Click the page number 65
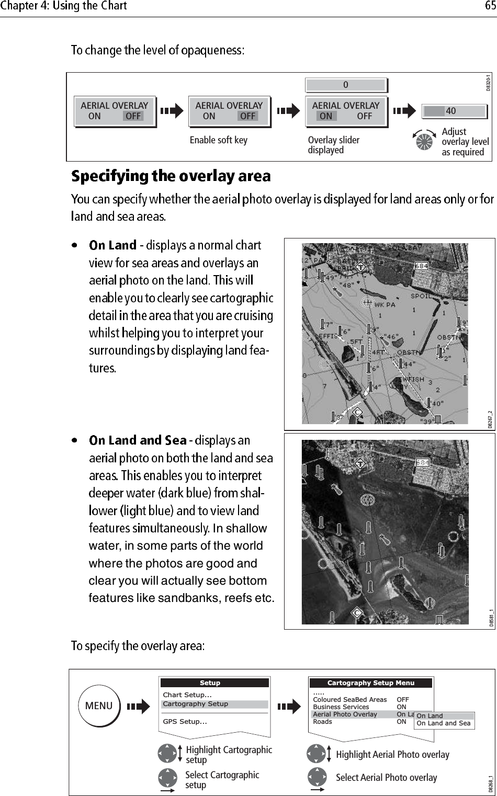490,6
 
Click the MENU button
99,706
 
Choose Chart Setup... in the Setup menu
187,695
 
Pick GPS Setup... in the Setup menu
185,722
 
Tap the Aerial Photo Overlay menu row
345,714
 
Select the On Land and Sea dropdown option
443,723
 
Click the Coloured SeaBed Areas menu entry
349,700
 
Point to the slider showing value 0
346,85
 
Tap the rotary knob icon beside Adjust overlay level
424,141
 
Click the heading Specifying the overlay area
171,176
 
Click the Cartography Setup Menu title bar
370,683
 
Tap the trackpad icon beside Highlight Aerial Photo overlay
317,754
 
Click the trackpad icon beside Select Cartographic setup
167,778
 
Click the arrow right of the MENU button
138,707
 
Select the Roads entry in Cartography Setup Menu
323,722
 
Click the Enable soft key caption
218,140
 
